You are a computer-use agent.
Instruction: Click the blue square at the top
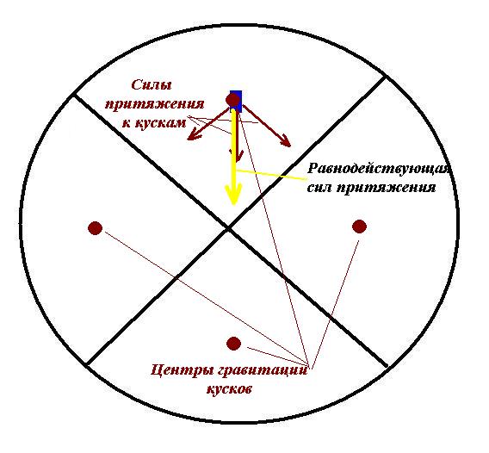pyautogui.click(x=236, y=102)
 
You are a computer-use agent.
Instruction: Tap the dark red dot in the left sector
pyautogui.click(x=95, y=228)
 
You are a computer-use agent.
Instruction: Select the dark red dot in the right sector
pyautogui.click(x=359, y=226)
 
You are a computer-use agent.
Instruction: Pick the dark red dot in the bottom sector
pyautogui.click(x=233, y=344)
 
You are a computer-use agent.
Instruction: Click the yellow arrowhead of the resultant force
pyautogui.click(x=234, y=194)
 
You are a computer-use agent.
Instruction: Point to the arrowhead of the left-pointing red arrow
pyautogui.click(x=194, y=135)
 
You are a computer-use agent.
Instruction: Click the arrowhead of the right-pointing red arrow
pyautogui.click(x=285, y=140)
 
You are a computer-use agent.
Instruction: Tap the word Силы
pyautogui.click(x=152, y=85)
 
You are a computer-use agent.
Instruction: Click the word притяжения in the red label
pyautogui.click(x=155, y=104)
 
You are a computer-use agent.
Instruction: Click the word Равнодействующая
pyautogui.click(x=378, y=170)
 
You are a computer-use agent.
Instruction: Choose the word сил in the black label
pyautogui.click(x=319, y=188)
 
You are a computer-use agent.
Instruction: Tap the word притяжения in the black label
pyautogui.click(x=386, y=189)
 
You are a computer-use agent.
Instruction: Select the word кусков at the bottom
pyautogui.click(x=229, y=388)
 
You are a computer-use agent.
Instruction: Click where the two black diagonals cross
pyautogui.click(x=229, y=229)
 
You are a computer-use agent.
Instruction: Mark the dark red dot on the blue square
pyautogui.click(x=233, y=100)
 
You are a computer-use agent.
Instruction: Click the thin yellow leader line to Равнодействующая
pyautogui.click(x=271, y=175)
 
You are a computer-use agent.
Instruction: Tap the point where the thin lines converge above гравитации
pyautogui.click(x=309, y=366)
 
